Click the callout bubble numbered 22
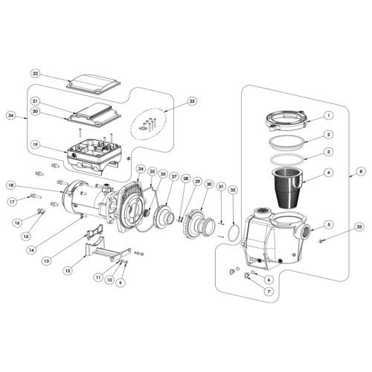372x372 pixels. click(x=36, y=73)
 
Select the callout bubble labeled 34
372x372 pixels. click(x=10, y=115)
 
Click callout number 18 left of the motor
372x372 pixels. click(x=10, y=185)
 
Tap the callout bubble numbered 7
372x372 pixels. click(x=269, y=292)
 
